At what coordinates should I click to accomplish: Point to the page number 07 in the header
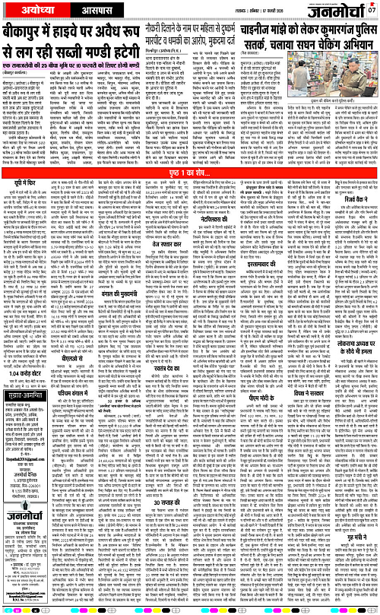(x=372, y=9)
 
